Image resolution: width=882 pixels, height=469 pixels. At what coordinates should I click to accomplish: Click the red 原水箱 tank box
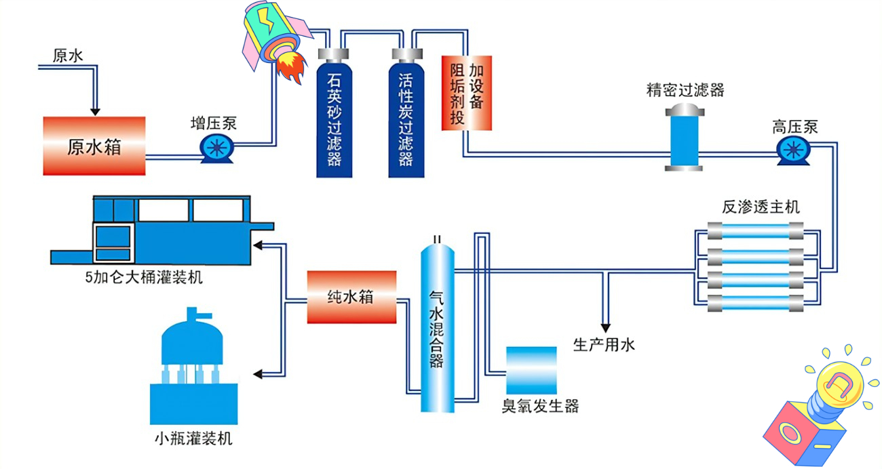[94, 146]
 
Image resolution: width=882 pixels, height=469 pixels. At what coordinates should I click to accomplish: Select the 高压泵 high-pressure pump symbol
[791, 150]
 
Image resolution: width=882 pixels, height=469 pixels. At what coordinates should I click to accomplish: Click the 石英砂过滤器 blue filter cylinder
[335, 115]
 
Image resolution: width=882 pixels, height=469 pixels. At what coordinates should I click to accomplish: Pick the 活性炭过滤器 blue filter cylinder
[406, 115]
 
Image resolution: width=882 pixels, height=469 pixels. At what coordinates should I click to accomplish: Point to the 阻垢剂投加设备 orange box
[467, 92]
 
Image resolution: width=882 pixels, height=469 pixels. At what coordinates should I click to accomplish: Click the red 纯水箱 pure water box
[351, 297]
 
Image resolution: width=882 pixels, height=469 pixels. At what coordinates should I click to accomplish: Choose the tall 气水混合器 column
[437, 325]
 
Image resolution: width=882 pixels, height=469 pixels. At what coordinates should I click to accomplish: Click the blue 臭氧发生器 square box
[531, 370]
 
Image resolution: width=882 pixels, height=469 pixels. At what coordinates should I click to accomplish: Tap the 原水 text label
[68, 56]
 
